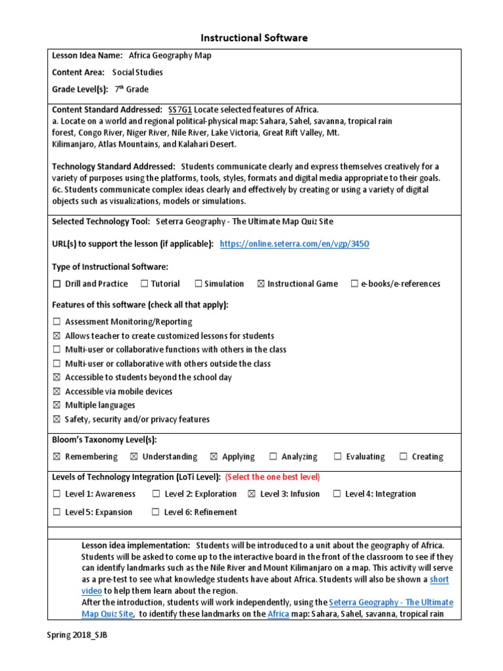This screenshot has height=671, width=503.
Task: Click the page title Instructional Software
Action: (251, 38)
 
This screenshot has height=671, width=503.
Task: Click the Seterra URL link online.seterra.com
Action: (294, 244)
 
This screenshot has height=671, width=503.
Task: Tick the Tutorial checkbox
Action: (143, 284)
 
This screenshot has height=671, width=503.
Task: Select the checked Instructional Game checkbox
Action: (261, 284)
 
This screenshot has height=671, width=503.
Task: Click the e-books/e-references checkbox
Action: (354, 284)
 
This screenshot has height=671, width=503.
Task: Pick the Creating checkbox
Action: (403, 457)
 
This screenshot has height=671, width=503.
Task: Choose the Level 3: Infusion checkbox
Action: (251, 494)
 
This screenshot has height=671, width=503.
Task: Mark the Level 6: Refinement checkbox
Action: (155, 512)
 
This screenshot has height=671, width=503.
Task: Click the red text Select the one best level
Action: (272, 476)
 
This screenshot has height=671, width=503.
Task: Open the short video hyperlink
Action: (439, 580)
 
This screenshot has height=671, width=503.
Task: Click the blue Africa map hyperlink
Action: (278, 615)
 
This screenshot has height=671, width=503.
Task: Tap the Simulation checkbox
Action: (198, 284)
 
